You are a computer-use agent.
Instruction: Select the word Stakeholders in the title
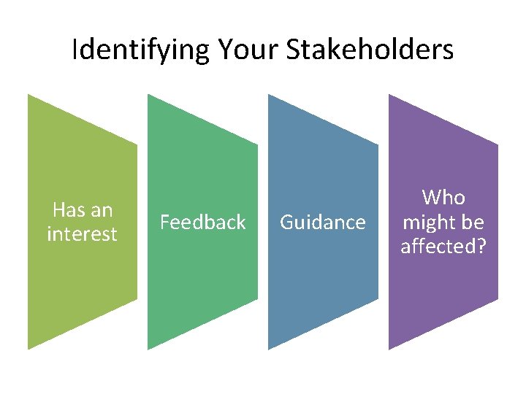(370, 50)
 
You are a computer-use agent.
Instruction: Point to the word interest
(82, 234)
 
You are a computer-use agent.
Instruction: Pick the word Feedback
(202, 222)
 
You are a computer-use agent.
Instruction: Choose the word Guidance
(323, 222)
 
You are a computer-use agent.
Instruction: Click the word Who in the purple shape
(443, 197)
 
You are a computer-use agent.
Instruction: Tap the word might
(429, 222)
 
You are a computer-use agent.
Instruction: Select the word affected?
(443, 247)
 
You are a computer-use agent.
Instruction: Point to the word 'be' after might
(472, 222)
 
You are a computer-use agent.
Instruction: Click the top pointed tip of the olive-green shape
(29, 96)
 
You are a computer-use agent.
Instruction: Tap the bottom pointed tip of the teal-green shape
(149, 348)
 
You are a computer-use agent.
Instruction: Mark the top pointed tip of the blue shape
(270, 96)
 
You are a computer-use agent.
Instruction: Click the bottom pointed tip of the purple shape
(389, 348)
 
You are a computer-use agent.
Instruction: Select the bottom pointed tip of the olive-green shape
(29, 348)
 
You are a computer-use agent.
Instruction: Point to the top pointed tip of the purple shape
(389, 96)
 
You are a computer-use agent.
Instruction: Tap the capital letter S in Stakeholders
(294, 50)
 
